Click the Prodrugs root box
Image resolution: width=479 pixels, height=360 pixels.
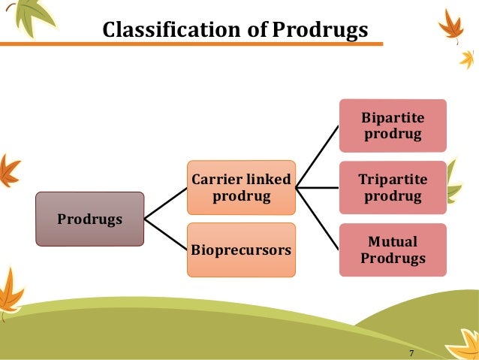click(x=89, y=219)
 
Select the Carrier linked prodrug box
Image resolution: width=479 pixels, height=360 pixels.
click(x=241, y=188)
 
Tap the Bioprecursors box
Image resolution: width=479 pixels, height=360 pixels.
click(x=241, y=250)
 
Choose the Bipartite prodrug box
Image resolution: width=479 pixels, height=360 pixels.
click(x=393, y=126)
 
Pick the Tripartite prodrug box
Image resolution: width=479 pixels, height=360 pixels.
click(x=393, y=188)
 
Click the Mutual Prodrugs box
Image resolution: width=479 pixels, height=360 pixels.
click(x=393, y=250)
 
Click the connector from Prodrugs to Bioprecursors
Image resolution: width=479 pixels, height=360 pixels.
click(x=165, y=233)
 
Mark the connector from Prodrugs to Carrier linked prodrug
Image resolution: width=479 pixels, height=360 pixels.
click(x=165, y=204)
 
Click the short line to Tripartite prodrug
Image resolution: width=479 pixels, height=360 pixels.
click(x=317, y=188)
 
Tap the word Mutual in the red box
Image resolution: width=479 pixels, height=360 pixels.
click(x=393, y=243)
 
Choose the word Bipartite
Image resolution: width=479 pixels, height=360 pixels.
click(x=393, y=119)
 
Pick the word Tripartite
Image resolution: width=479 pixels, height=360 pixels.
click(x=393, y=180)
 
